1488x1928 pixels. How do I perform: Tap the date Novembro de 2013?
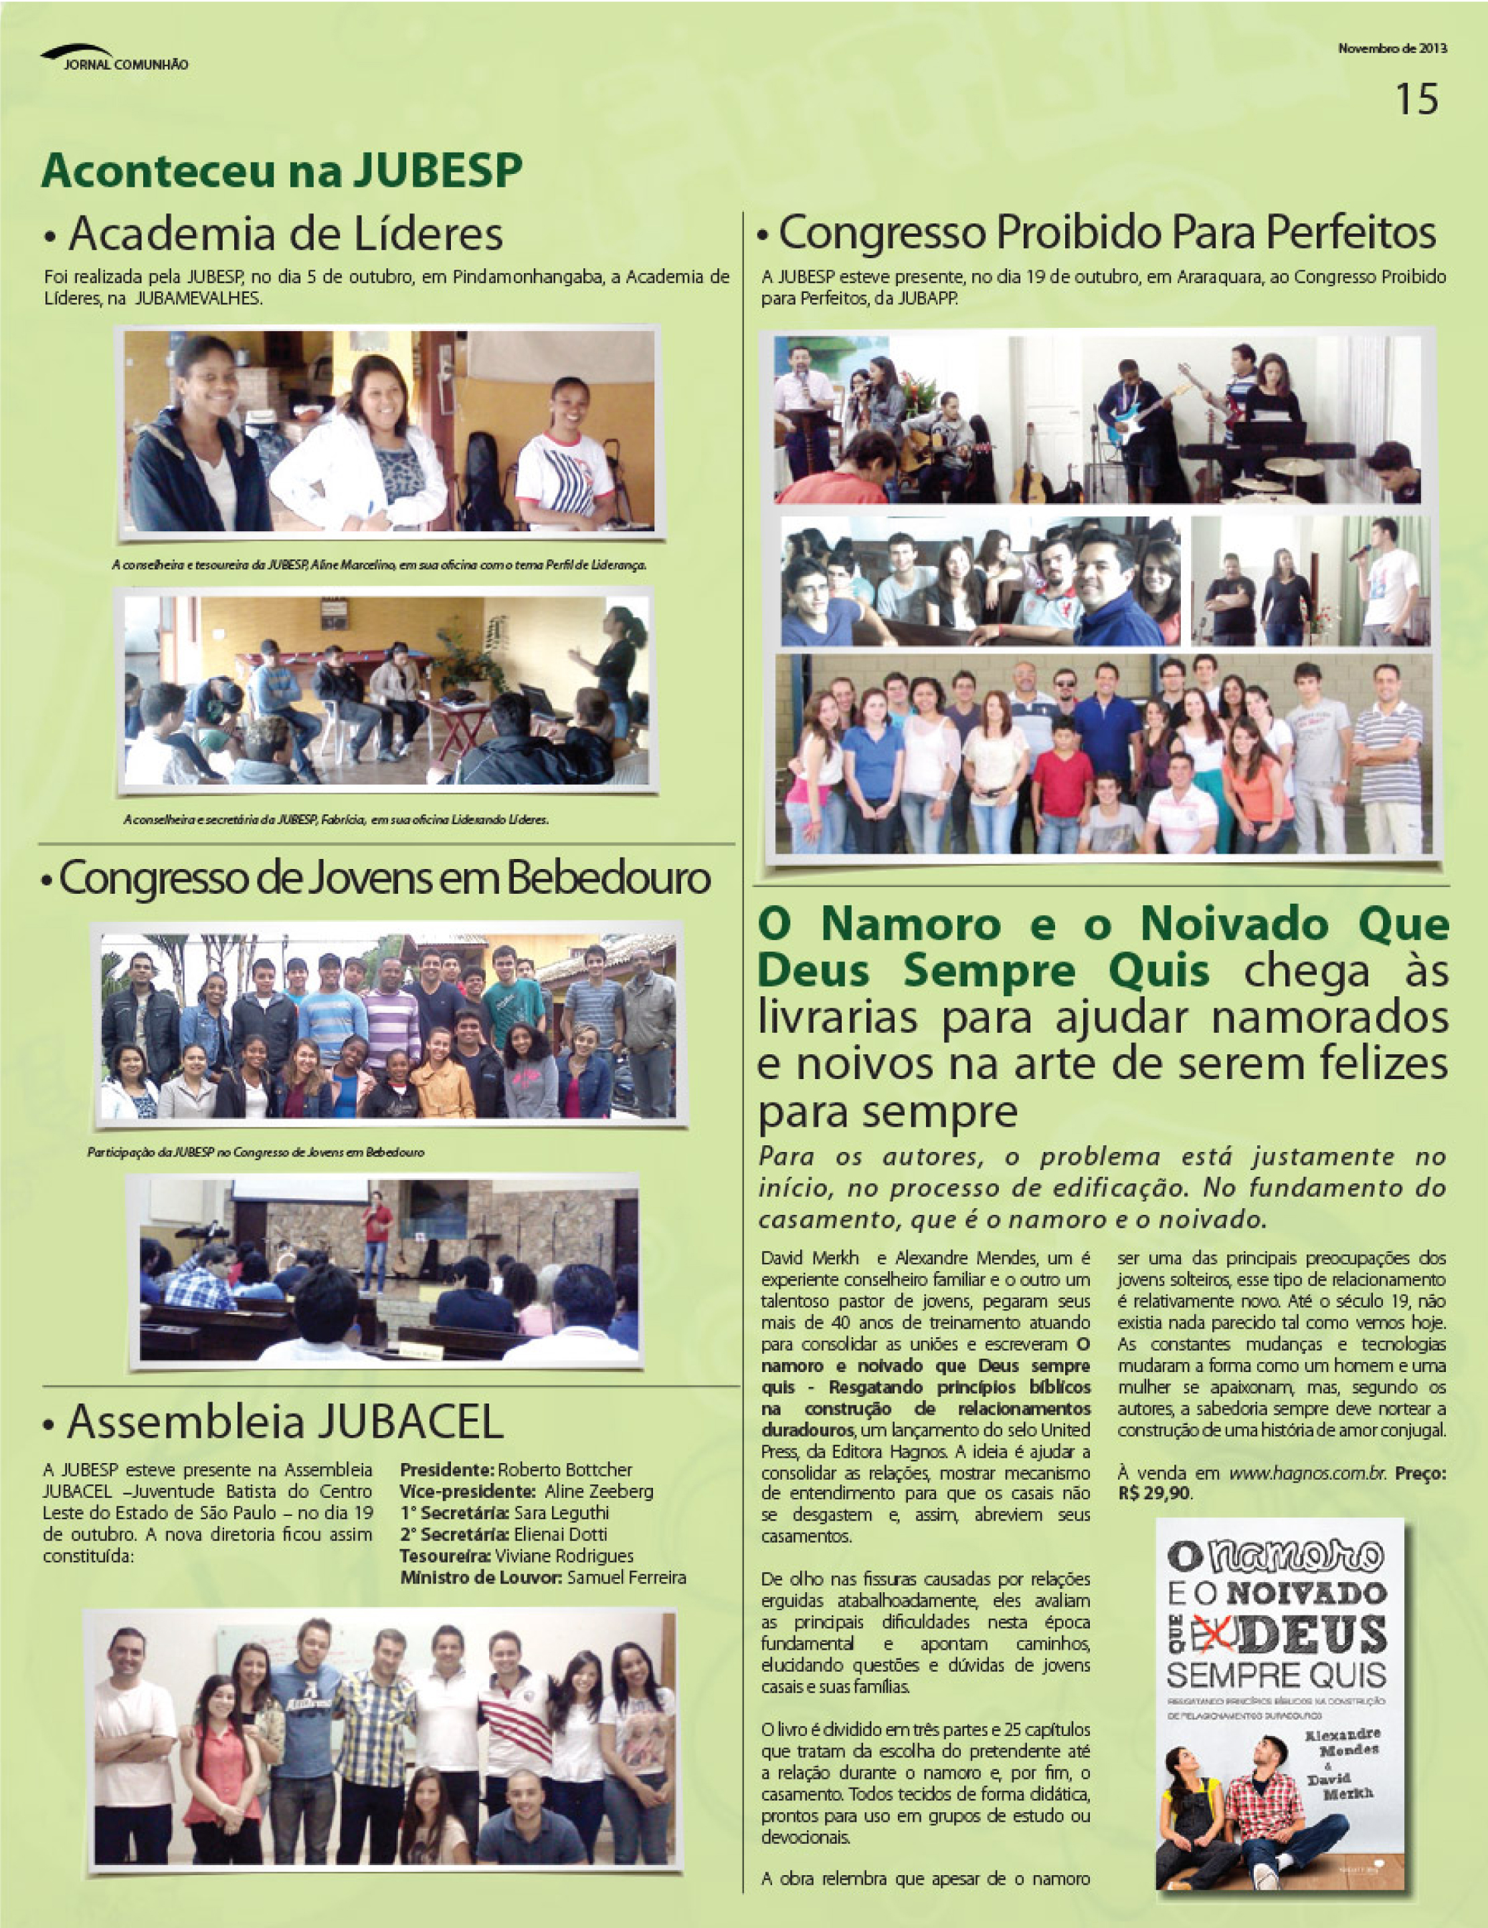(1392, 49)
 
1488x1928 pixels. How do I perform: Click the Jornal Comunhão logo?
(115, 58)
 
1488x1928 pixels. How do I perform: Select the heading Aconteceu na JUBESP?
(281, 171)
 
